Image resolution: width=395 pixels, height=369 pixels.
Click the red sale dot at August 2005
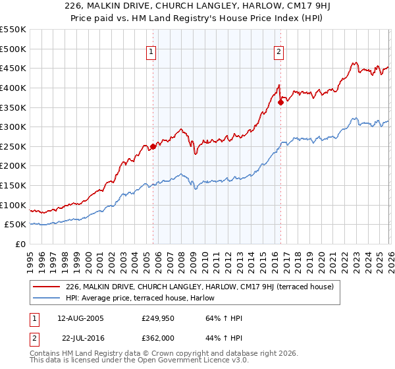click(153, 146)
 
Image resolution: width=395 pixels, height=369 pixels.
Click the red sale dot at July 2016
click(280, 102)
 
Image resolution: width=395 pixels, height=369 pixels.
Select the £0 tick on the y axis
click(20, 244)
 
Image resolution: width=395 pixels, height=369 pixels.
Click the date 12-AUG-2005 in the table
click(80, 318)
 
